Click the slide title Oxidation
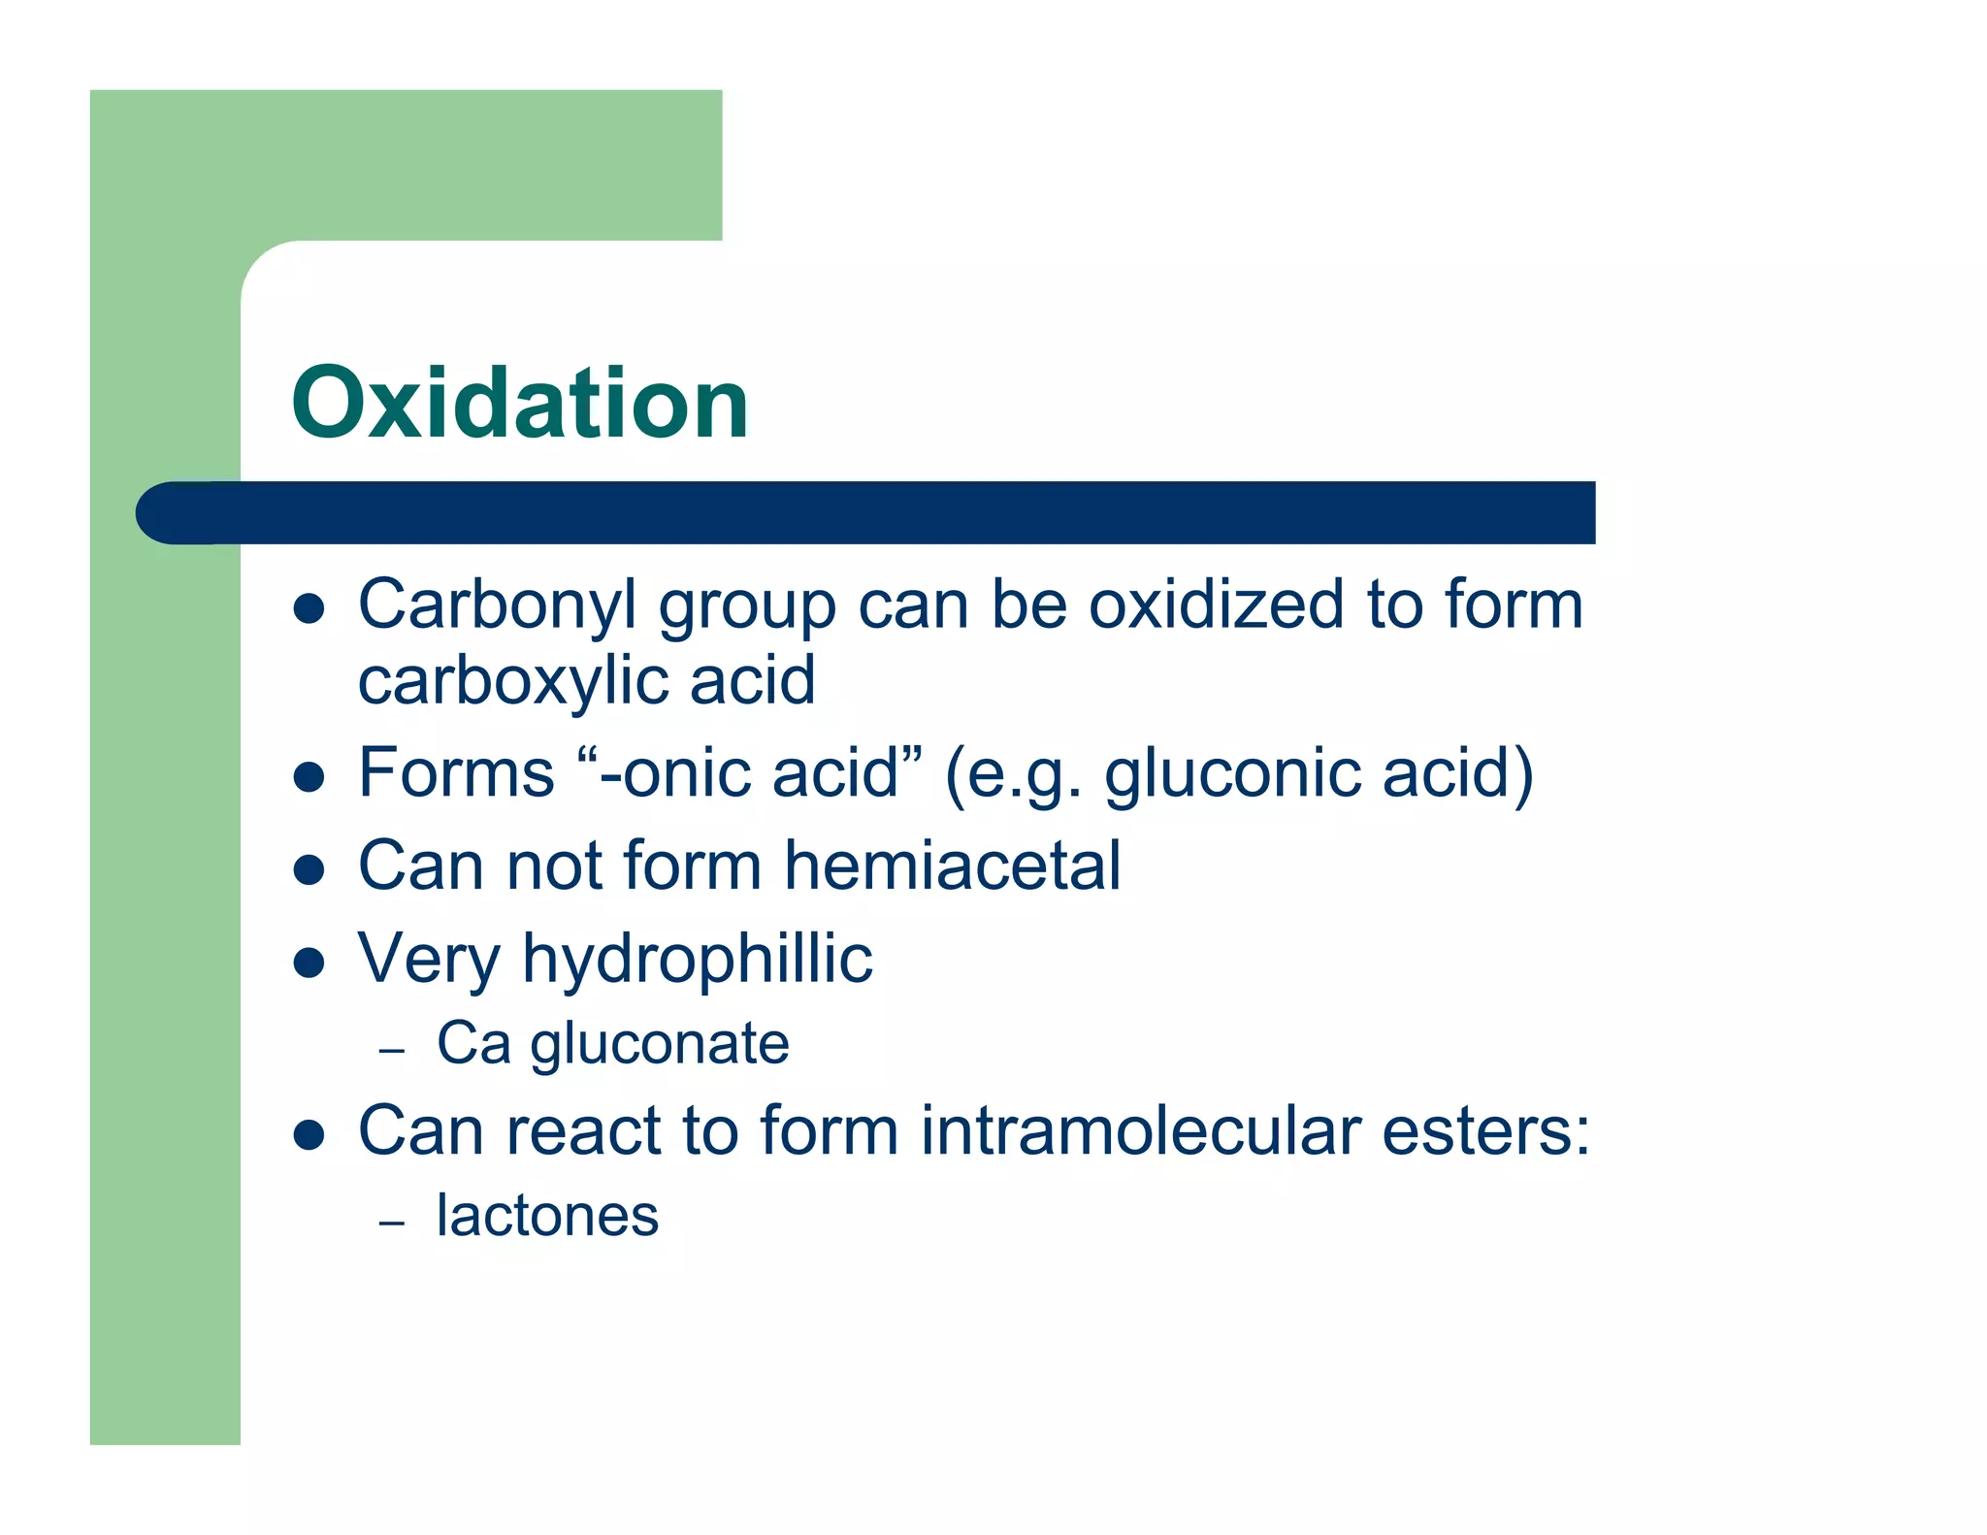520,403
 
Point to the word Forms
456,773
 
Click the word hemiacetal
952,865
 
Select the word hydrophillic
698,960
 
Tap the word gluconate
660,1045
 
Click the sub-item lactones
547,1216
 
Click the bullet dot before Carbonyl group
309,609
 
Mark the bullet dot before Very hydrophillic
309,963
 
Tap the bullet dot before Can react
309,1134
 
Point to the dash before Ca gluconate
392,1051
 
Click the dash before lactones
392,1223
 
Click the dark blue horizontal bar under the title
873,512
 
